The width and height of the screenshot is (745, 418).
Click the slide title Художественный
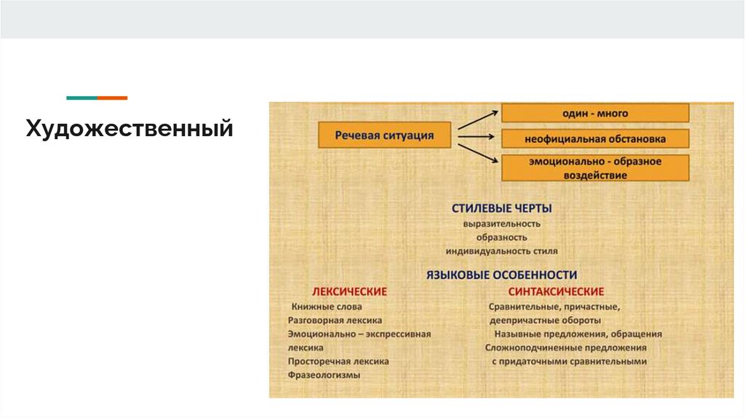130,130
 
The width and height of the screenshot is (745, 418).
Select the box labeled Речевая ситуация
385,135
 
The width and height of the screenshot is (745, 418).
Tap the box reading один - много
594,113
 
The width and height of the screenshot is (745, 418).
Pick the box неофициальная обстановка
594,138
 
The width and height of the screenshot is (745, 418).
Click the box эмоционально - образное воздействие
594,168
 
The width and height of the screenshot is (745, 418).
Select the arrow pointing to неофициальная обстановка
478,135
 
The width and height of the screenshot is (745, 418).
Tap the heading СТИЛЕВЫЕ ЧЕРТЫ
501,208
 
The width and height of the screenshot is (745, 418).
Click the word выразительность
501,224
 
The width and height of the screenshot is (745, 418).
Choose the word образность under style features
501,237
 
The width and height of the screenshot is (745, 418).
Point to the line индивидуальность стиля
501,251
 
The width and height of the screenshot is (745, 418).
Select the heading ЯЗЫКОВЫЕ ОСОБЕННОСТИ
501,275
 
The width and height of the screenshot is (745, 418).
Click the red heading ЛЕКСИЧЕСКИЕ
349,291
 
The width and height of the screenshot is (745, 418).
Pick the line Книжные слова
326,307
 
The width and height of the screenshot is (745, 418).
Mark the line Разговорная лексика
335,320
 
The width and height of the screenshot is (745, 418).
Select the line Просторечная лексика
338,361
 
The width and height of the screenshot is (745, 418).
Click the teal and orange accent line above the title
97,98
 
